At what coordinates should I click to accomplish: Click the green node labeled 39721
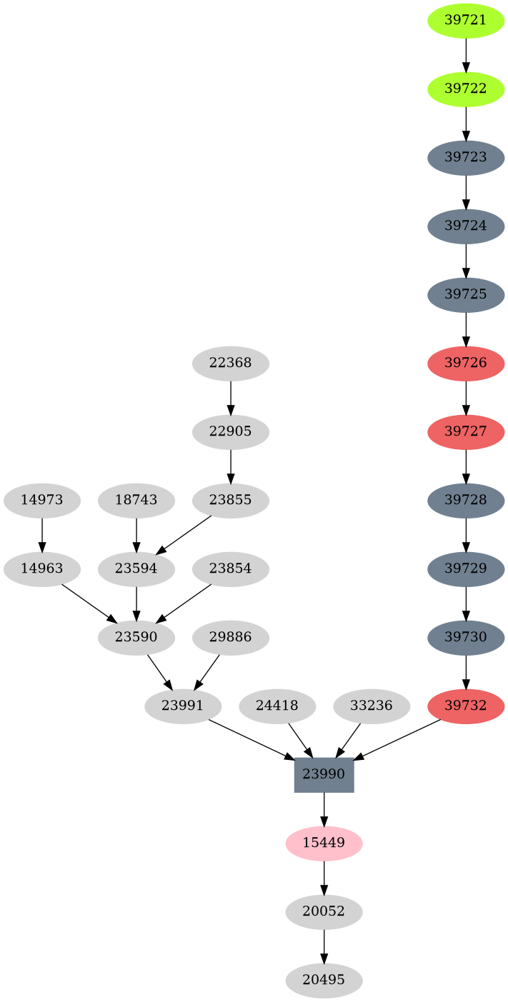pos(466,20)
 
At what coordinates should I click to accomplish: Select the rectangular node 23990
pos(324,774)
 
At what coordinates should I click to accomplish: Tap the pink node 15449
pos(324,843)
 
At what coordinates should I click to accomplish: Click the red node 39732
pos(466,706)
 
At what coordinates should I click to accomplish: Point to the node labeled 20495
pos(324,980)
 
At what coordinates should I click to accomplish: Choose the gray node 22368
pos(230,363)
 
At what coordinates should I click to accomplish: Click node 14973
pos(41,500)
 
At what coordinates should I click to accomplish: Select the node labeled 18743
pos(136,500)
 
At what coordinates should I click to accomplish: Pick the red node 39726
pos(466,363)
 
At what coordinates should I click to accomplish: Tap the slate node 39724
pos(466,226)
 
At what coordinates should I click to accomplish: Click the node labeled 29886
pos(230,637)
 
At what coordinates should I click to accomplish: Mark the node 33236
pos(372,706)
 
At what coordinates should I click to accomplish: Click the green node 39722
pos(466,89)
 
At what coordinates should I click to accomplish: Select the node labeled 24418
pos(277,706)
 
